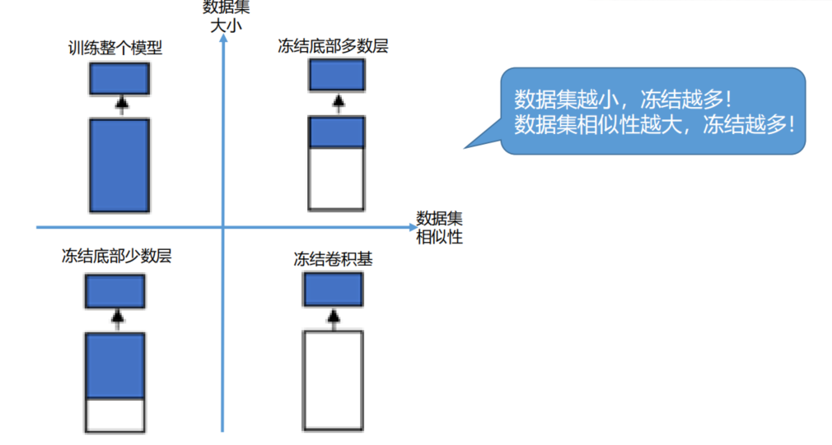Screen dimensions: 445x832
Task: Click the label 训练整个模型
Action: (x=115, y=49)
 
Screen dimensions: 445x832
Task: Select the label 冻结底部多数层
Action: (x=333, y=46)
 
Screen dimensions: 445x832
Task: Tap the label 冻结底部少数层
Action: (x=116, y=255)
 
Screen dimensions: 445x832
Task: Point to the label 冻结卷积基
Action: (x=333, y=259)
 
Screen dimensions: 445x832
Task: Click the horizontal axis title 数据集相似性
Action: (x=439, y=228)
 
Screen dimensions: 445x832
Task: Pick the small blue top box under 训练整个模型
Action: (x=119, y=79)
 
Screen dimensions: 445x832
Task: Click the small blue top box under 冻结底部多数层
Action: (x=336, y=76)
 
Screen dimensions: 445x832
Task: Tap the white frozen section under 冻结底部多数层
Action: (x=336, y=178)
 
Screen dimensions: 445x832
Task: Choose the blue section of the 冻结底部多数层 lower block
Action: (x=336, y=132)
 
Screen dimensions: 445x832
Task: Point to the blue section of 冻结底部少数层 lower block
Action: (x=115, y=365)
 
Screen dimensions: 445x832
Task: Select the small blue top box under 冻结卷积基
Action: (x=334, y=289)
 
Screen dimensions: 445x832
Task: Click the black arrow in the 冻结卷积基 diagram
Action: (x=334, y=318)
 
